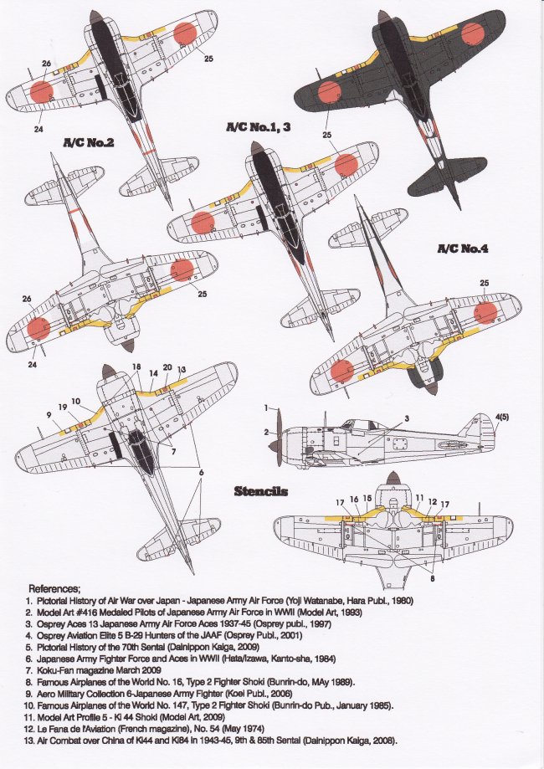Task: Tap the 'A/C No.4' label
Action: (463, 249)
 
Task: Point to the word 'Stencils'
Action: (261, 490)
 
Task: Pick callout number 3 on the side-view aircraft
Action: (406, 418)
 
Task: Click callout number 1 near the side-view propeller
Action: (265, 408)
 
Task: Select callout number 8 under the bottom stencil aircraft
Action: (430, 578)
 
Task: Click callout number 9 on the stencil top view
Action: (49, 414)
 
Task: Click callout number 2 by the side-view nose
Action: (267, 432)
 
